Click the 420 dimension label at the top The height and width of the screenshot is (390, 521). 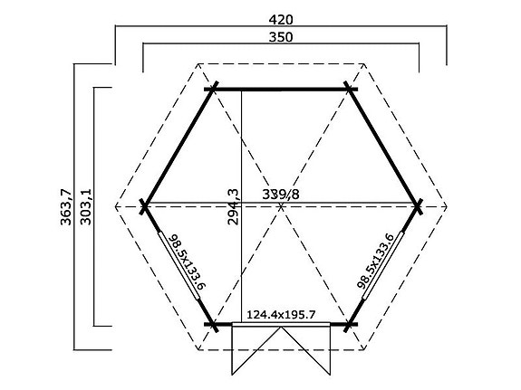tap(281, 16)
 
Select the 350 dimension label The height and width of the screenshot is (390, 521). tap(281, 36)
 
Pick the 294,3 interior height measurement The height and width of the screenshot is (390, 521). tap(233, 207)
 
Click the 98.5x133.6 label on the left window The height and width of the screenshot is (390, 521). tap(186, 260)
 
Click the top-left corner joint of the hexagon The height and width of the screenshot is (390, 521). tap(213, 89)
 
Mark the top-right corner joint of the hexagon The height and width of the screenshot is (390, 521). tap(350, 89)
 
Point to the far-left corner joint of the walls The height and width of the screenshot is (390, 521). tap(144, 206)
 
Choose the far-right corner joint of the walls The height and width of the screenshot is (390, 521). tap(419, 206)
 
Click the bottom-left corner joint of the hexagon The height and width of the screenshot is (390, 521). tap(213, 323)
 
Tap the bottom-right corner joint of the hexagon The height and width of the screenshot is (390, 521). tap(350, 323)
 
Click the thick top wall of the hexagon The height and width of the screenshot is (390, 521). tap(281, 89)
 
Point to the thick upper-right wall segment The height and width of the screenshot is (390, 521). tap(384, 147)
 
